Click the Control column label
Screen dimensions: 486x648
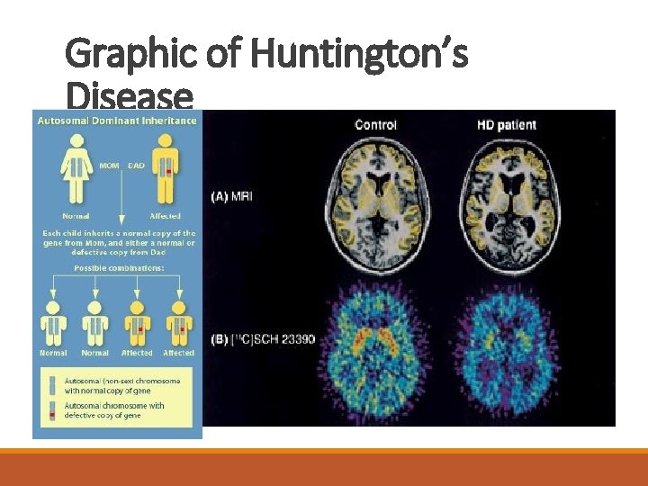coord(376,124)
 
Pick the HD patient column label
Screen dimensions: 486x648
coord(506,124)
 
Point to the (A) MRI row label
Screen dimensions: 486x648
coord(232,195)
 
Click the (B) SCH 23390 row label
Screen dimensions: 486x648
coord(263,339)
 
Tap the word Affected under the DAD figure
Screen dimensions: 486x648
coord(165,216)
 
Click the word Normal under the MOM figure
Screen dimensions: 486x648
coord(76,216)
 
